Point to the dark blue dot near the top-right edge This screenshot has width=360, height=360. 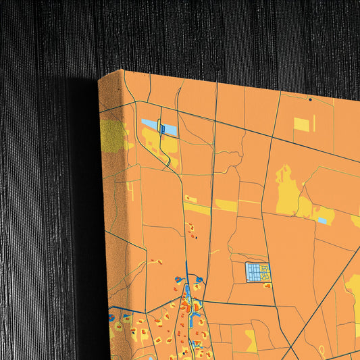tap(310, 99)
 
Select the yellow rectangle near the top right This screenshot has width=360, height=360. tap(301, 124)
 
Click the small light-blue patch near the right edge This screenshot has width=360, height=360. tap(322, 220)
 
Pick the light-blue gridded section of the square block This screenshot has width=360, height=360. tap(253, 272)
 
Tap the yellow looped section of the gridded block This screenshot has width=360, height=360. tap(265, 272)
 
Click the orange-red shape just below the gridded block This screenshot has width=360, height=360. tap(267, 286)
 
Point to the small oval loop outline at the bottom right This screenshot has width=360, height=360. tap(322, 351)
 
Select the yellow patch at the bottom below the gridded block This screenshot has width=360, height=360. tap(251, 338)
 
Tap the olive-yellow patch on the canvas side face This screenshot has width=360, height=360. tap(113, 135)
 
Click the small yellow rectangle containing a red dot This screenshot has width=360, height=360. tap(190, 199)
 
